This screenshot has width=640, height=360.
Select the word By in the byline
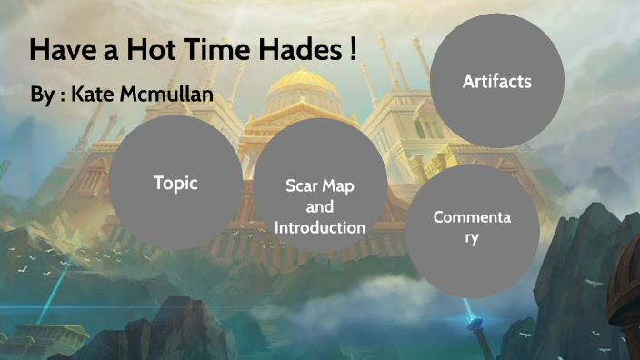click(x=42, y=94)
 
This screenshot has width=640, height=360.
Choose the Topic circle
click(x=175, y=182)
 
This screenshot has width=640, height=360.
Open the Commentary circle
click(x=472, y=231)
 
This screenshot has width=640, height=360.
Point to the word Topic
click(x=175, y=182)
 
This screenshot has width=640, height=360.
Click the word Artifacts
click(x=496, y=82)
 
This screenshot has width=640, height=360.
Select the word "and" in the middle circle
click(x=320, y=207)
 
